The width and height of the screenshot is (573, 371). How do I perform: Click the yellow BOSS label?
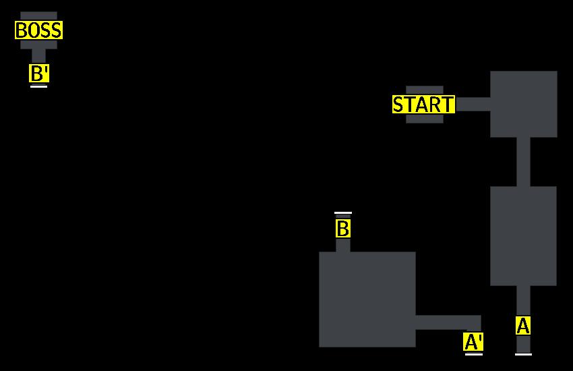(38, 30)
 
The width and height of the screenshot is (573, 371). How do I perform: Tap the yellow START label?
(423, 105)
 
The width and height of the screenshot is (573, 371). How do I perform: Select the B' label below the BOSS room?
(39, 73)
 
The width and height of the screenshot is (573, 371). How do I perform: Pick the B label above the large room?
(342, 229)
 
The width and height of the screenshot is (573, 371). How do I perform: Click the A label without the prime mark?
(523, 326)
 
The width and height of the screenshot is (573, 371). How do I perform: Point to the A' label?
(473, 342)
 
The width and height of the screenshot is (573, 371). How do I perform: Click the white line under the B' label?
(39, 86)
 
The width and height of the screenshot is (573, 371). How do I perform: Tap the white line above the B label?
(342, 213)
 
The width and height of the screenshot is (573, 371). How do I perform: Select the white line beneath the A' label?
(474, 354)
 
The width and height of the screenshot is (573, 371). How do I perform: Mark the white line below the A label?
(523, 354)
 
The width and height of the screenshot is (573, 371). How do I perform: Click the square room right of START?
(523, 104)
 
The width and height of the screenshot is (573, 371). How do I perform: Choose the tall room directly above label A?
(523, 235)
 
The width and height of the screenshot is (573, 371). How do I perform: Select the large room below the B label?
(367, 299)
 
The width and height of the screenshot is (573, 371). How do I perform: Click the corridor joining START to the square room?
(473, 104)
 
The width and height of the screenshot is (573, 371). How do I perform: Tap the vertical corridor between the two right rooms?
(523, 162)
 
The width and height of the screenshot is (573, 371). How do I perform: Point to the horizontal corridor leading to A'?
(448, 322)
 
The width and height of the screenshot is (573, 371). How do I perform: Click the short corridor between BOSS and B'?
(39, 56)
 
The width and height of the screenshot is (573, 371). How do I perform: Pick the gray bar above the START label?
(425, 90)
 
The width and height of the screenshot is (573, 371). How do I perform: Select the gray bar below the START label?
(425, 119)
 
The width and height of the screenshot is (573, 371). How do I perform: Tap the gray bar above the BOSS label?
(38, 16)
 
